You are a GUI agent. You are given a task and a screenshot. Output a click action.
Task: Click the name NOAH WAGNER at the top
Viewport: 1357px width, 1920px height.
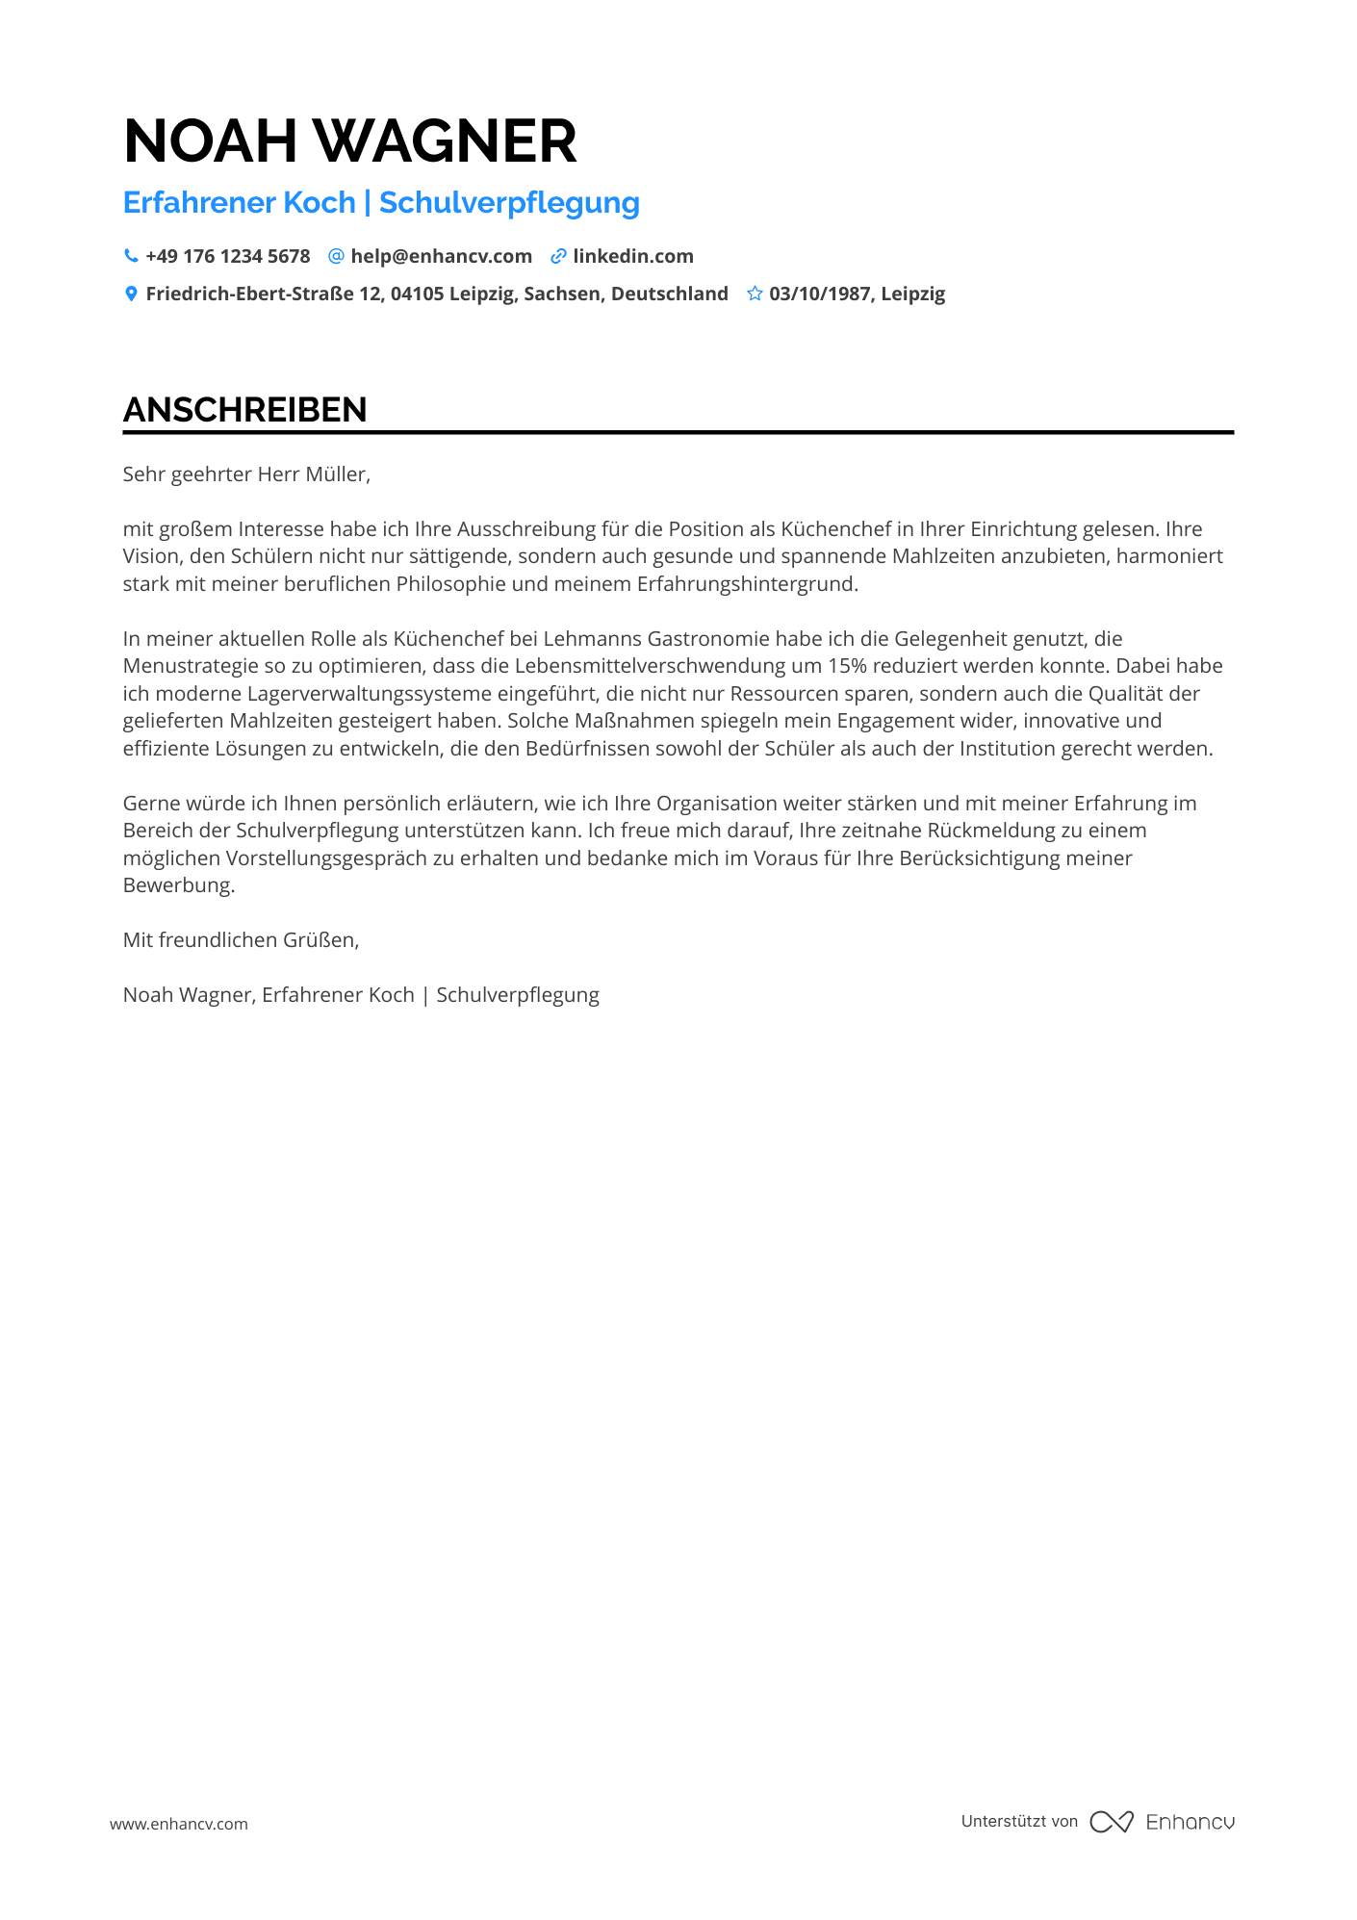coord(350,141)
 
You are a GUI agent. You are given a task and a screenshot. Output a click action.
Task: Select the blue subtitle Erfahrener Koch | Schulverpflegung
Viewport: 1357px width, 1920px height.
coord(381,203)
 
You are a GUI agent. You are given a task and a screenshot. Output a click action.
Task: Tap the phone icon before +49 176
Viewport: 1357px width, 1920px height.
coord(131,256)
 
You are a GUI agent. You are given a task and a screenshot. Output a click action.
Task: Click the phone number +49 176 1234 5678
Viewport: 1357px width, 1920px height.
coord(228,256)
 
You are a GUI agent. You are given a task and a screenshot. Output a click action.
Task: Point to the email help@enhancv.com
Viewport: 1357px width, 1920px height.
coord(441,256)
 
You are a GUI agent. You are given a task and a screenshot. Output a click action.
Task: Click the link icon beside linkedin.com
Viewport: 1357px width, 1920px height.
coord(558,256)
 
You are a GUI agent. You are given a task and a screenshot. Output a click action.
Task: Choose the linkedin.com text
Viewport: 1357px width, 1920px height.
coord(633,256)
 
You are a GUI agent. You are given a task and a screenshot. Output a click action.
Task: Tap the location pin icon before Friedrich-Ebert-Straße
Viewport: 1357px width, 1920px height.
coord(131,294)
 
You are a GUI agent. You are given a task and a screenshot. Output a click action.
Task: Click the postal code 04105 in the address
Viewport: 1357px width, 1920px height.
coord(417,294)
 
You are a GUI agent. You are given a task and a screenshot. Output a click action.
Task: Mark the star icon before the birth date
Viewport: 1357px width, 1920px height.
coord(755,294)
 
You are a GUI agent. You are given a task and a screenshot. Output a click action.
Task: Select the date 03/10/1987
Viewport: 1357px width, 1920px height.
coord(819,294)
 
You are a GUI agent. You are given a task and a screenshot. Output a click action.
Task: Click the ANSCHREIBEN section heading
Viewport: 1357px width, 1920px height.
coord(245,410)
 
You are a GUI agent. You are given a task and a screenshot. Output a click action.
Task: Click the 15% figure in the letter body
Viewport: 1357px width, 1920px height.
coord(847,666)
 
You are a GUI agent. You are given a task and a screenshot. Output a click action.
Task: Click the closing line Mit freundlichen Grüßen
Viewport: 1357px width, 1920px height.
coord(241,940)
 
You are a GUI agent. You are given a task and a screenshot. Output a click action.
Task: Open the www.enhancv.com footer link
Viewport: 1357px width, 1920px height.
coord(179,1824)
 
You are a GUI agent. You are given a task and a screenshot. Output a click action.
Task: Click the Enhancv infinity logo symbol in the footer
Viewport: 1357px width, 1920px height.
coord(1112,1822)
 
